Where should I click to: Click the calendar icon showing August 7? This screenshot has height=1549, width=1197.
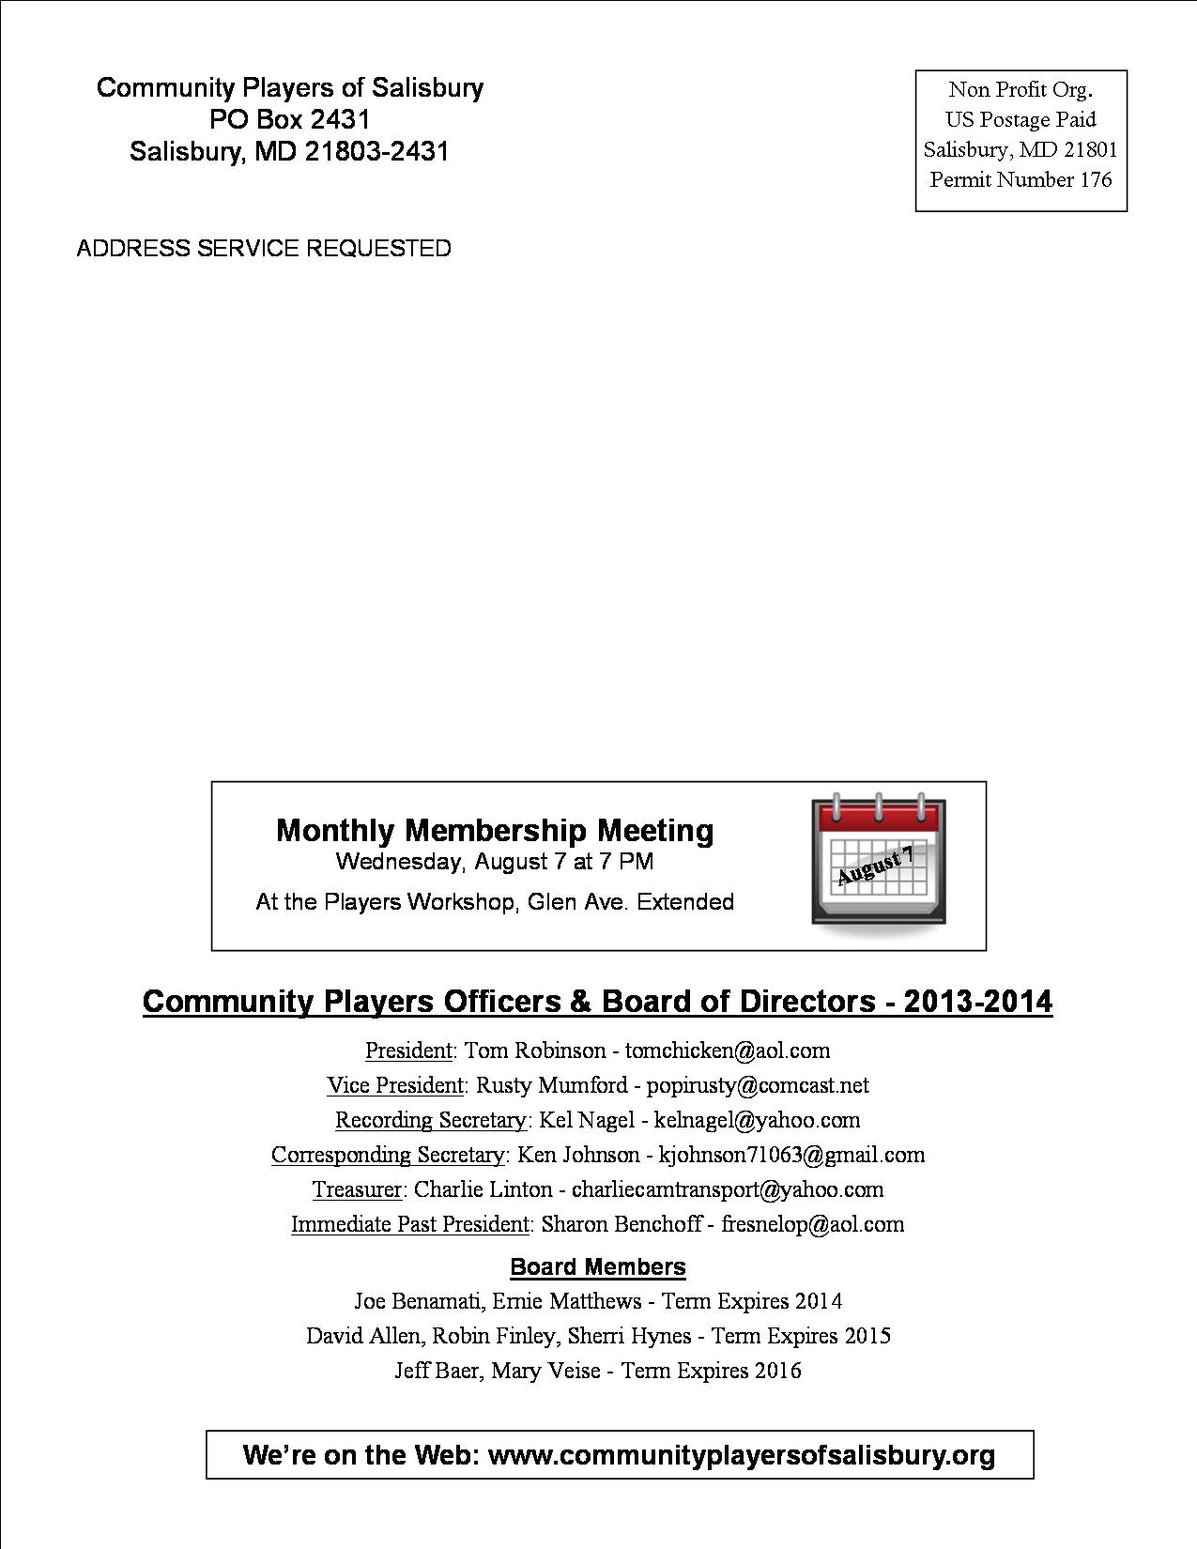pyautogui.click(x=879, y=862)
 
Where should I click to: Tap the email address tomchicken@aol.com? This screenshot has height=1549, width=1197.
pyautogui.click(x=728, y=1051)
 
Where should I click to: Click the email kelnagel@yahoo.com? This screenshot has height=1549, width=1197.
pyautogui.click(x=757, y=1120)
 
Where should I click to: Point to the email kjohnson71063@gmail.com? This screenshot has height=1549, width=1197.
pyautogui.click(x=791, y=1155)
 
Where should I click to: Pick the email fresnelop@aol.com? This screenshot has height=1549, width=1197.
pyautogui.click(x=812, y=1224)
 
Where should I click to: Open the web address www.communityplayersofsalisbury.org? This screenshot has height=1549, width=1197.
pyautogui.click(x=742, y=1455)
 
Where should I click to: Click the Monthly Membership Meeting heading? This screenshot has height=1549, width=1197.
pyautogui.click(x=495, y=830)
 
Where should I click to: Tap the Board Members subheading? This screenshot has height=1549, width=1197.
pyautogui.click(x=598, y=1266)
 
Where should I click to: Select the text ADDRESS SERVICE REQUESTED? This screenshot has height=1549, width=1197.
pyautogui.click(x=264, y=248)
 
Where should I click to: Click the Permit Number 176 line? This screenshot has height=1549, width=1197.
pyautogui.click(x=1021, y=179)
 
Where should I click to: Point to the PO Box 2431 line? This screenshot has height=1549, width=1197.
pyautogui.click(x=290, y=119)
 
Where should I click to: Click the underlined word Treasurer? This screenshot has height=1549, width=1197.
pyautogui.click(x=358, y=1189)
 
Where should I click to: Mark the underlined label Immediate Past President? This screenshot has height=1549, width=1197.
pyautogui.click(x=410, y=1224)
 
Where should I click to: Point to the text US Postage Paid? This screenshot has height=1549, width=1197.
pyautogui.click(x=1021, y=119)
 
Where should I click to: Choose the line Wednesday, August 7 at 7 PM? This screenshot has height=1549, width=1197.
pyautogui.click(x=495, y=861)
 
